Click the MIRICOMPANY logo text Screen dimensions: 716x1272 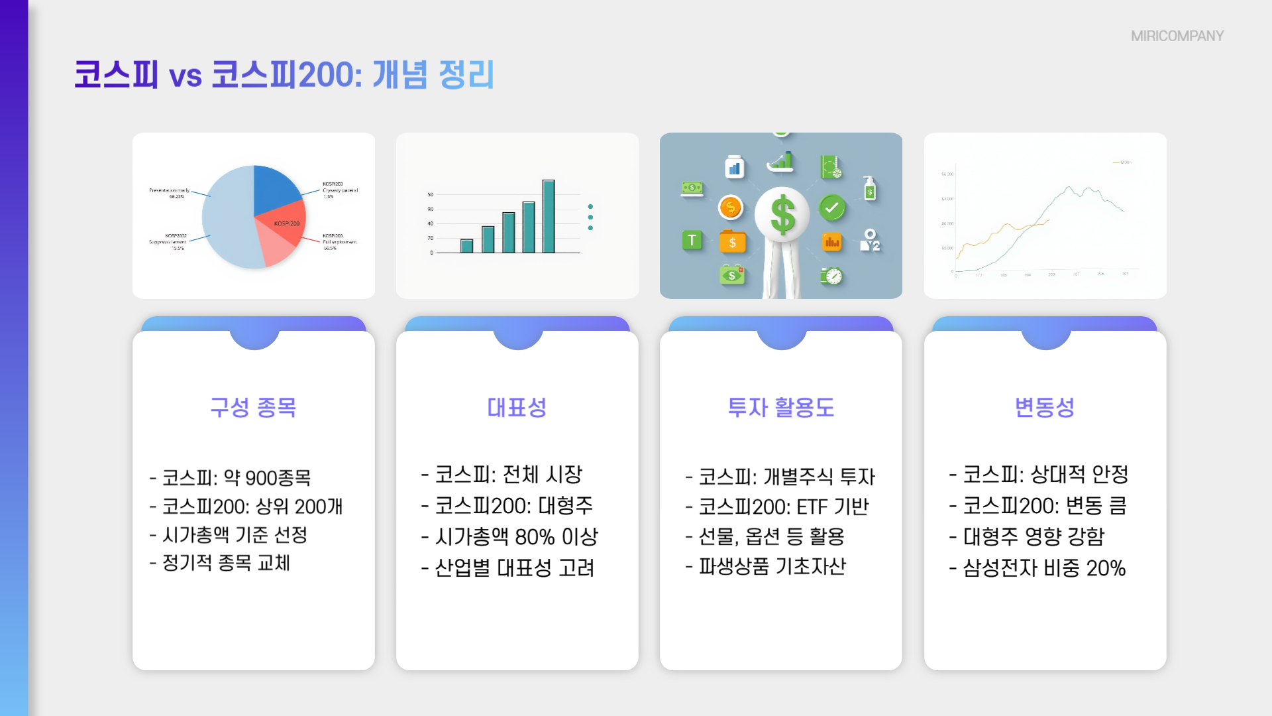pos(1177,36)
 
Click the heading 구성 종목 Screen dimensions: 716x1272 pos(253,407)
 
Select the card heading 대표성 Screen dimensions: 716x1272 pos(517,407)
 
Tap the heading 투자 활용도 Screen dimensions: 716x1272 pos(780,407)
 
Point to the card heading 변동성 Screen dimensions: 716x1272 pos(1044,407)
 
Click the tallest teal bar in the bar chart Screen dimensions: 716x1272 pos(549,216)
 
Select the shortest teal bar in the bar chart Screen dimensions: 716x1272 pos(466,246)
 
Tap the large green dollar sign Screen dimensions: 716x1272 pos(782,215)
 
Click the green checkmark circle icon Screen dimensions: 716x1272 pos(832,208)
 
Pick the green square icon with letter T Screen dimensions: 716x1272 pos(692,240)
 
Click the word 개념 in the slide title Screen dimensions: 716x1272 pos(399,74)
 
